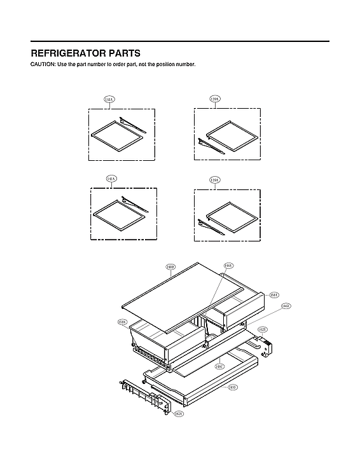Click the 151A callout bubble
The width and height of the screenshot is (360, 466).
[274, 295]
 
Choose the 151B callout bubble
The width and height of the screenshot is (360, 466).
[121, 322]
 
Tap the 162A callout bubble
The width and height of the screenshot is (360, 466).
[179, 413]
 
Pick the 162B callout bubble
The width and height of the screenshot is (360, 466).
[263, 329]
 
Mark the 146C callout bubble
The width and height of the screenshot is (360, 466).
[219, 366]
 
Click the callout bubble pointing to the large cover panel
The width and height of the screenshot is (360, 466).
[170, 267]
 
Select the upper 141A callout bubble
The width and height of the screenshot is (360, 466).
[109, 100]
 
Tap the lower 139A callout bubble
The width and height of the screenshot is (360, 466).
[215, 181]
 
